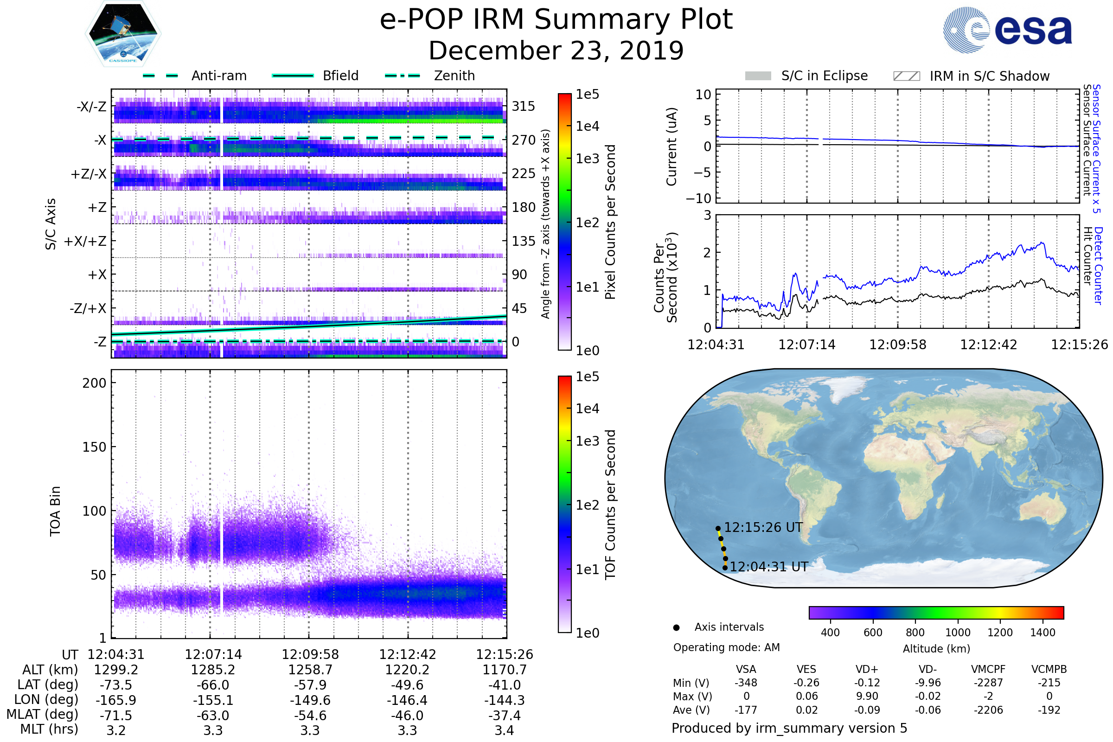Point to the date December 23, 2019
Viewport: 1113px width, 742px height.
[556, 51]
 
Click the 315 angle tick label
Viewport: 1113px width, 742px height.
[523, 106]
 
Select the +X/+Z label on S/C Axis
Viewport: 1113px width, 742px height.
[85, 241]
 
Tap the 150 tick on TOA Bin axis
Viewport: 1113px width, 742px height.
[94, 447]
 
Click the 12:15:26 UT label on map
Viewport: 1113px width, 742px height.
[763, 528]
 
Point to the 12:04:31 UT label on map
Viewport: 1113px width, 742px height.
[768, 567]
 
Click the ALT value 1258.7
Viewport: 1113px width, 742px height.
[310, 670]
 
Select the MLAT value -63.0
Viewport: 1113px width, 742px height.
[213, 716]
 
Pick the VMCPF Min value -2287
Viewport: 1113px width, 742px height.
[988, 683]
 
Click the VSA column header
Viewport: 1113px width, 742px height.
[746, 670]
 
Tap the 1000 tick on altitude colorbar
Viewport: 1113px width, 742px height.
[957, 633]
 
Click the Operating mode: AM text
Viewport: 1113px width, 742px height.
[726, 647]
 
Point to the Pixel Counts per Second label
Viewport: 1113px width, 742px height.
[610, 222]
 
